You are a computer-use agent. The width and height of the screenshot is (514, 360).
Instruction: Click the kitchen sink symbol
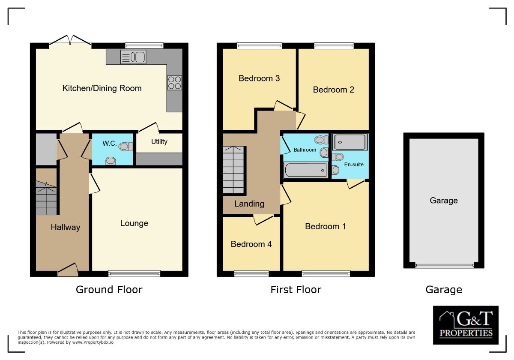(x=133, y=57)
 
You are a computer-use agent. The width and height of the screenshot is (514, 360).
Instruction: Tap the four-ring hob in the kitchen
(x=174, y=82)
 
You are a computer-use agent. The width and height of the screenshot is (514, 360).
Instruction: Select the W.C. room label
(x=110, y=144)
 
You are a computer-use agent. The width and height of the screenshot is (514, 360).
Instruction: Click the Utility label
(x=159, y=142)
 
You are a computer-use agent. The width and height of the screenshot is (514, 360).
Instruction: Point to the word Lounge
(x=134, y=223)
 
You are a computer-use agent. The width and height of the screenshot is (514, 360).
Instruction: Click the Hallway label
(x=66, y=227)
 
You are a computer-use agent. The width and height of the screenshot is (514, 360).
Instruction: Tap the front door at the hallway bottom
(x=68, y=270)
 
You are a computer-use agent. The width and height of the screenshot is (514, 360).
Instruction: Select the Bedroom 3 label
(x=259, y=78)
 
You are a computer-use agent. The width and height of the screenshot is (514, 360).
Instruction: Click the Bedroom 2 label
(x=333, y=90)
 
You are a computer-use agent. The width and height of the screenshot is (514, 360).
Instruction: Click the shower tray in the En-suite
(x=350, y=142)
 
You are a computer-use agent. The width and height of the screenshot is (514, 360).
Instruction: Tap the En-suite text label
(x=353, y=164)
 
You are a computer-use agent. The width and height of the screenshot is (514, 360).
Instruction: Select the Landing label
(x=249, y=204)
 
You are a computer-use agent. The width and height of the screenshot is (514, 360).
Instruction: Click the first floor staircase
(x=234, y=170)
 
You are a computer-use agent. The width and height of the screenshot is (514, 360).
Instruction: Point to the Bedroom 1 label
(x=325, y=226)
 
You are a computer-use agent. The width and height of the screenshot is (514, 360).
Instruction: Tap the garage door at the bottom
(x=444, y=266)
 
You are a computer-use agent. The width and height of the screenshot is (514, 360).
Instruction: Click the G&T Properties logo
(x=466, y=325)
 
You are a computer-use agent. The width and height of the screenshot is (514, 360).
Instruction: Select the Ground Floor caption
(x=109, y=290)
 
